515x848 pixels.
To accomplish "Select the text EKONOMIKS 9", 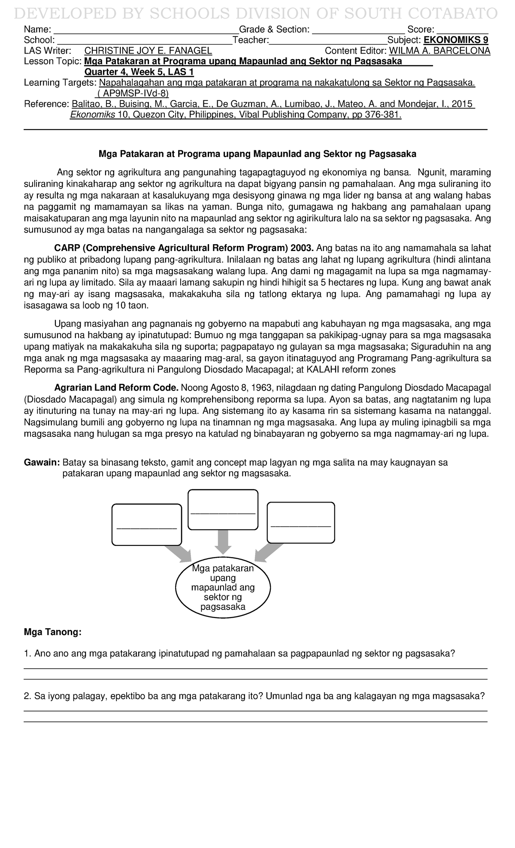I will [x=456, y=40].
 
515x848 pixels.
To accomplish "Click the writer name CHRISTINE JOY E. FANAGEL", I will [x=148, y=51].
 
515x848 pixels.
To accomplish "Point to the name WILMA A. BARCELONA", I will [x=439, y=51].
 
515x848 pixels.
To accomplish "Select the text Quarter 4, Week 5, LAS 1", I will [x=139, y=72].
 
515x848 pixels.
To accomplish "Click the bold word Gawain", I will [x=41, y=463].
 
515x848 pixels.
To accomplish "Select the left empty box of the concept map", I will [x=146, y=525].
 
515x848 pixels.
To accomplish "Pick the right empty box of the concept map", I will [x=301, y=523].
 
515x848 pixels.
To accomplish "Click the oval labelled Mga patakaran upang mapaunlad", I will [x=223, y=588].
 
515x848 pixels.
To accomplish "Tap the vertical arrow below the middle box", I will [x=223, y=542].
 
